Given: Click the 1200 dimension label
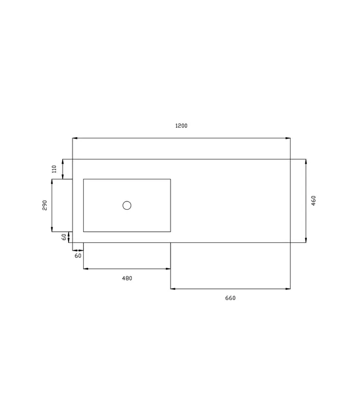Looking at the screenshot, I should (x=181, y=126).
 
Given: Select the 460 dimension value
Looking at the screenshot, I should (x=313, y=201).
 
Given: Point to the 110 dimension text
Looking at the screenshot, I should (x=54, y=169).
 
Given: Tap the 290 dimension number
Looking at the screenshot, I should (x=44, y=205).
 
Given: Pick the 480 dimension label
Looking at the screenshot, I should (x=127, y=278).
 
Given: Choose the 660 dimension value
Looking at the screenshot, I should (x=230, y=298).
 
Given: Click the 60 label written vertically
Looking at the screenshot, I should (x=64, y=237).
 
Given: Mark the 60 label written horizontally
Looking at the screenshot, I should (x=78, y=256).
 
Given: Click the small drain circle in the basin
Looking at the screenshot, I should (x=127, y=205).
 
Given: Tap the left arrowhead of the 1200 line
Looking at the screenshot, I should (x=75, y=138).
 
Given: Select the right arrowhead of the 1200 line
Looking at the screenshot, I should (x=289, y=138).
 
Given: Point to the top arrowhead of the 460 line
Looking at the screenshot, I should (x=306, y=162).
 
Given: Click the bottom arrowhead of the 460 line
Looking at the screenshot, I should (x=306, y=240).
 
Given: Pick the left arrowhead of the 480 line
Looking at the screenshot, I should (x=85, y=269).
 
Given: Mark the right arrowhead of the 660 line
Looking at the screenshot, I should (x=289, y=288).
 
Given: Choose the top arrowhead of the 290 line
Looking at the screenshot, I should (x=52, y=181).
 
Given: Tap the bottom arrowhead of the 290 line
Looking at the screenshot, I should (x=52, y=229).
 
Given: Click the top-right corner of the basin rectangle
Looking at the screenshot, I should (x=170, y=179).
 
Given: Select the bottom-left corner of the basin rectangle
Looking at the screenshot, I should (x=84, y=231).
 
